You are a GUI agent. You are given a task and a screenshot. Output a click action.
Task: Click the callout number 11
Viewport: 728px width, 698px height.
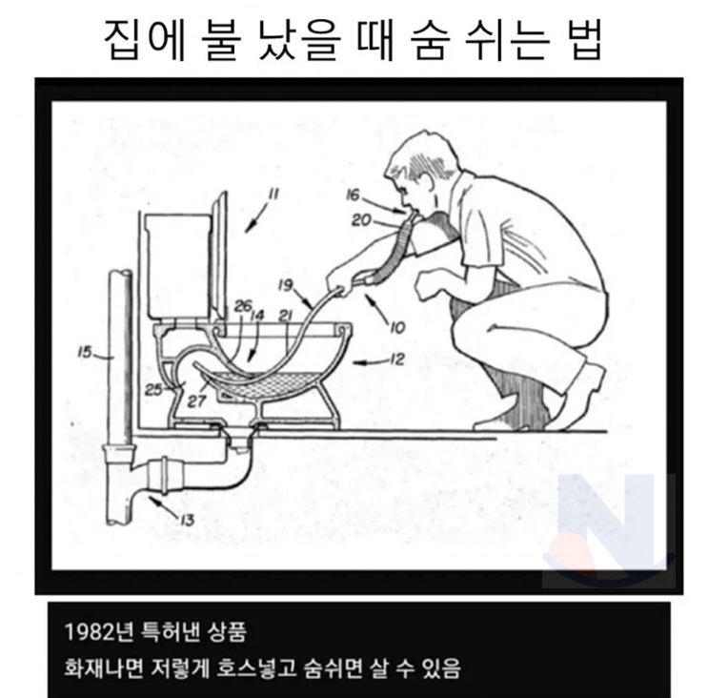pyautogui.click(x=273, y=194)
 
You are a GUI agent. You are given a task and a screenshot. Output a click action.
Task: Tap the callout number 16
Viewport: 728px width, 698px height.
pyautogui.click(x=353, y=195)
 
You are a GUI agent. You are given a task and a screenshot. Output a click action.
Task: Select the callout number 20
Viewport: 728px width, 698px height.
pyautogui.click(x=361, y=219)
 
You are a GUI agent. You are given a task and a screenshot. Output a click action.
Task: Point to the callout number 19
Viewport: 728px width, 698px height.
pyautogui.click(x=286, y=284)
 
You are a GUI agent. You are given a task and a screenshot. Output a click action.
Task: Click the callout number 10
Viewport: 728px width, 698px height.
pyautogui.click(x=397, y=328)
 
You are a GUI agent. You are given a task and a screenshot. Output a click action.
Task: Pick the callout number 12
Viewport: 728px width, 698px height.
pyautogui.click(x=395, y=359)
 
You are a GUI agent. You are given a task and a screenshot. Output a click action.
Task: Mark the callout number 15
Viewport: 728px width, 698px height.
pyautogui.click(x=85, y=353)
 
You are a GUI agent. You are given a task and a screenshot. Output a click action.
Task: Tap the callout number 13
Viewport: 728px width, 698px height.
pyautogui.click(x=186, y=520)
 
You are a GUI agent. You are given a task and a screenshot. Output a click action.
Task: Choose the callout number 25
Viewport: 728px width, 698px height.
pyautogui.click(x=154, y=389)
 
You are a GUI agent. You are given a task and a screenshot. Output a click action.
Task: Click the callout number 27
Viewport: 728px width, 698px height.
pyautogui.click(x=196, y=400)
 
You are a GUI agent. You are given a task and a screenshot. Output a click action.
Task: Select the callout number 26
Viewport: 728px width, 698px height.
pyautogui.click(x=242, y=305)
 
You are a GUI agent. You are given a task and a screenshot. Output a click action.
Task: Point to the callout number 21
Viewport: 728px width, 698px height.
pyautogui.click(x=285, y=316)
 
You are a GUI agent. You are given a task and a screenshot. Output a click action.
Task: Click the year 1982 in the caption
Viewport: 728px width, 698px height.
pyautogui.click(x=88, y=632)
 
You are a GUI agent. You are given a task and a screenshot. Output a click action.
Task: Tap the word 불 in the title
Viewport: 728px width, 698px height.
pyautogui.click(x=221, y=41)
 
